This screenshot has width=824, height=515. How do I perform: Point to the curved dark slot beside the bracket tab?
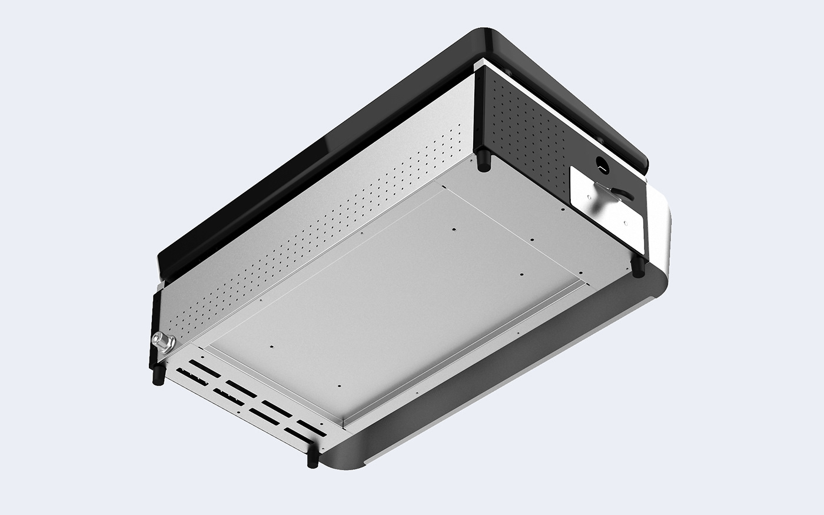[624, 194]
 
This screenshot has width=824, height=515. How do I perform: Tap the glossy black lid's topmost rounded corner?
[489, 35]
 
